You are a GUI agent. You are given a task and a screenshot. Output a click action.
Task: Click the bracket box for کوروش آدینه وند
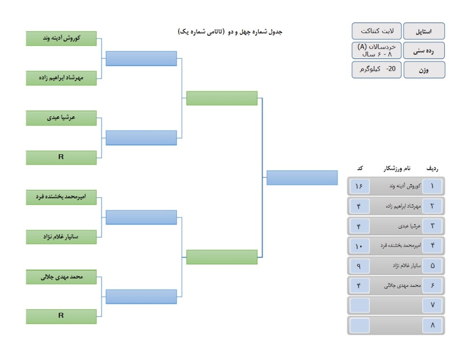61,38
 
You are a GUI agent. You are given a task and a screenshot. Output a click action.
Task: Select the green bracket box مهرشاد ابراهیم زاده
61,78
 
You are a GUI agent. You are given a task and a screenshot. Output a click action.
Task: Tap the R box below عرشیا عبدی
61,157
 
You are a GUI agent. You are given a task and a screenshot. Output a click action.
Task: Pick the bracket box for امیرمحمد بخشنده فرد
61,197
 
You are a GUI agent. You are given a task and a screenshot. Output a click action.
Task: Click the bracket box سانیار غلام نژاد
61,237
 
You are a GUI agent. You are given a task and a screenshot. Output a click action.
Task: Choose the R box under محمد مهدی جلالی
61,316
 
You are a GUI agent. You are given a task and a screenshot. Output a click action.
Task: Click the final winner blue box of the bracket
302,178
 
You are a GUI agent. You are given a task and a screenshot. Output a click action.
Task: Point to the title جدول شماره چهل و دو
255,32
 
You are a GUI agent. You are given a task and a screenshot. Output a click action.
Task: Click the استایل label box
424,31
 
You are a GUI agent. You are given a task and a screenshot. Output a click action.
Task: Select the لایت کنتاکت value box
377,31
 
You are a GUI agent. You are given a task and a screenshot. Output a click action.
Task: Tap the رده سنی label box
424,51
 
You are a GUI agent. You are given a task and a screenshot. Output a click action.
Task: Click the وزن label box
424,70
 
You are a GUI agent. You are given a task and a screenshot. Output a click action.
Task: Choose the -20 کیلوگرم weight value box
377,70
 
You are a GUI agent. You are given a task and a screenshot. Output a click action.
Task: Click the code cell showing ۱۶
360,187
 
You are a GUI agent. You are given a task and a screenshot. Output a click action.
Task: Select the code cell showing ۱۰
360,246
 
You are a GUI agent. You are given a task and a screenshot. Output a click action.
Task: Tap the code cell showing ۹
360,266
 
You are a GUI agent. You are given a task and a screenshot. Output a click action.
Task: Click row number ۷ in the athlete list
432,305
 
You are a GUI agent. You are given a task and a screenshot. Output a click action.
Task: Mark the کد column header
360,168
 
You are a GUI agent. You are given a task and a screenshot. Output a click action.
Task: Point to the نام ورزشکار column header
397,169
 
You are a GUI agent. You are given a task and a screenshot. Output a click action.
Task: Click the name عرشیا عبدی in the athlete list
409,226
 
